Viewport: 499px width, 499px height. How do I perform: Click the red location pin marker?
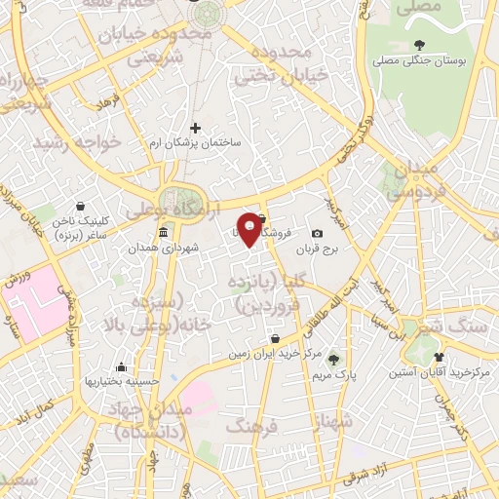tap(249, 229)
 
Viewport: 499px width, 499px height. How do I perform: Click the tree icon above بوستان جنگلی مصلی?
tap(419, 44)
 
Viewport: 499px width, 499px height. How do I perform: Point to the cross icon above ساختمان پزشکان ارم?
tap(195, 128)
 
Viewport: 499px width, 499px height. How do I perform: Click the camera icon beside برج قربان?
tap(317, 234)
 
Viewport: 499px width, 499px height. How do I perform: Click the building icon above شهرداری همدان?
tap(163, 232)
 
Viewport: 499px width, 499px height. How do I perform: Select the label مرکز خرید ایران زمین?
tap(277, 355)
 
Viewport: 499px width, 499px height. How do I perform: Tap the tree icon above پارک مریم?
tap(334, 359)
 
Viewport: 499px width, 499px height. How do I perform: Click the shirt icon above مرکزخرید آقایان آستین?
tap(439, 357)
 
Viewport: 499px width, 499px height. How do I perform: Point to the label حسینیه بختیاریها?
tap(121, 382)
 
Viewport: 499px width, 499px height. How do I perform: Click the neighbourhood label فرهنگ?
tap(251, 425)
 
